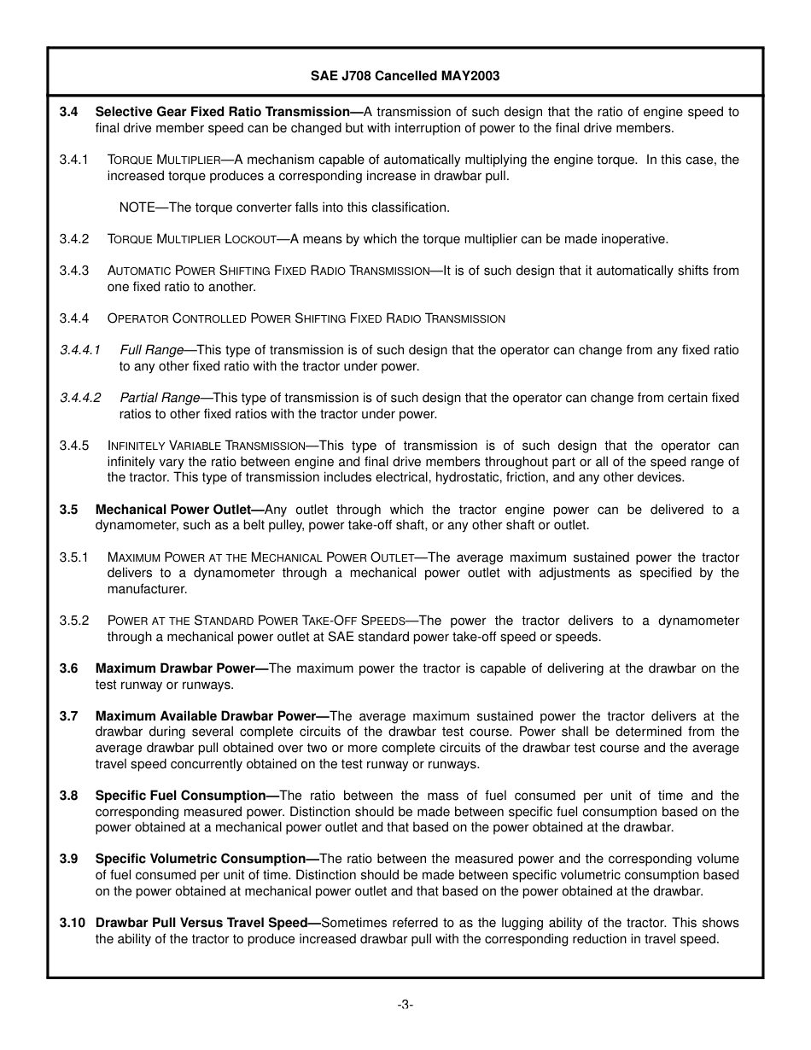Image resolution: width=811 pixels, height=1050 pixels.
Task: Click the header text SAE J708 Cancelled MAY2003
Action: tap(405, 76)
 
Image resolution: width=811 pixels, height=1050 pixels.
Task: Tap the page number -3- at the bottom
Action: tap(405, 1005)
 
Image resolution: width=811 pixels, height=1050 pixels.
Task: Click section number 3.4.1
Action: tap(74, 160)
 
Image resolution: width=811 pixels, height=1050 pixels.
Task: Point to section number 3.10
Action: tap(72, 923)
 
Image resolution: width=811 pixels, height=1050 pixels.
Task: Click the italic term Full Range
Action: tap(152, 350)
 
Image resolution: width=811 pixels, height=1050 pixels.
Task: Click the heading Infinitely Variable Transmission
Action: tap(206, 446)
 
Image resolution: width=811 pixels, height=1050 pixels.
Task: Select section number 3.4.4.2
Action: tap(80, 398)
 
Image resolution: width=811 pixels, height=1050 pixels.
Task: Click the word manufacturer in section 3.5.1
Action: tap(144, 589)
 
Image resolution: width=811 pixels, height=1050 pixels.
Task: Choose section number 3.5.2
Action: tap(74, 621)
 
